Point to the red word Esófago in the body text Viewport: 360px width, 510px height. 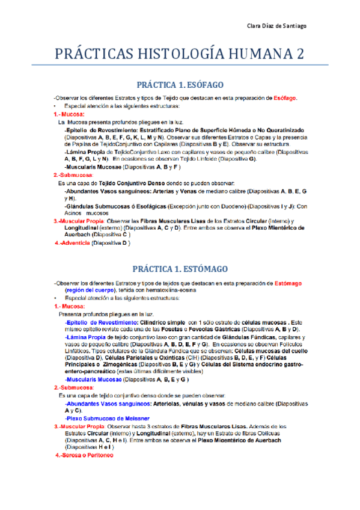(285, 99)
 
